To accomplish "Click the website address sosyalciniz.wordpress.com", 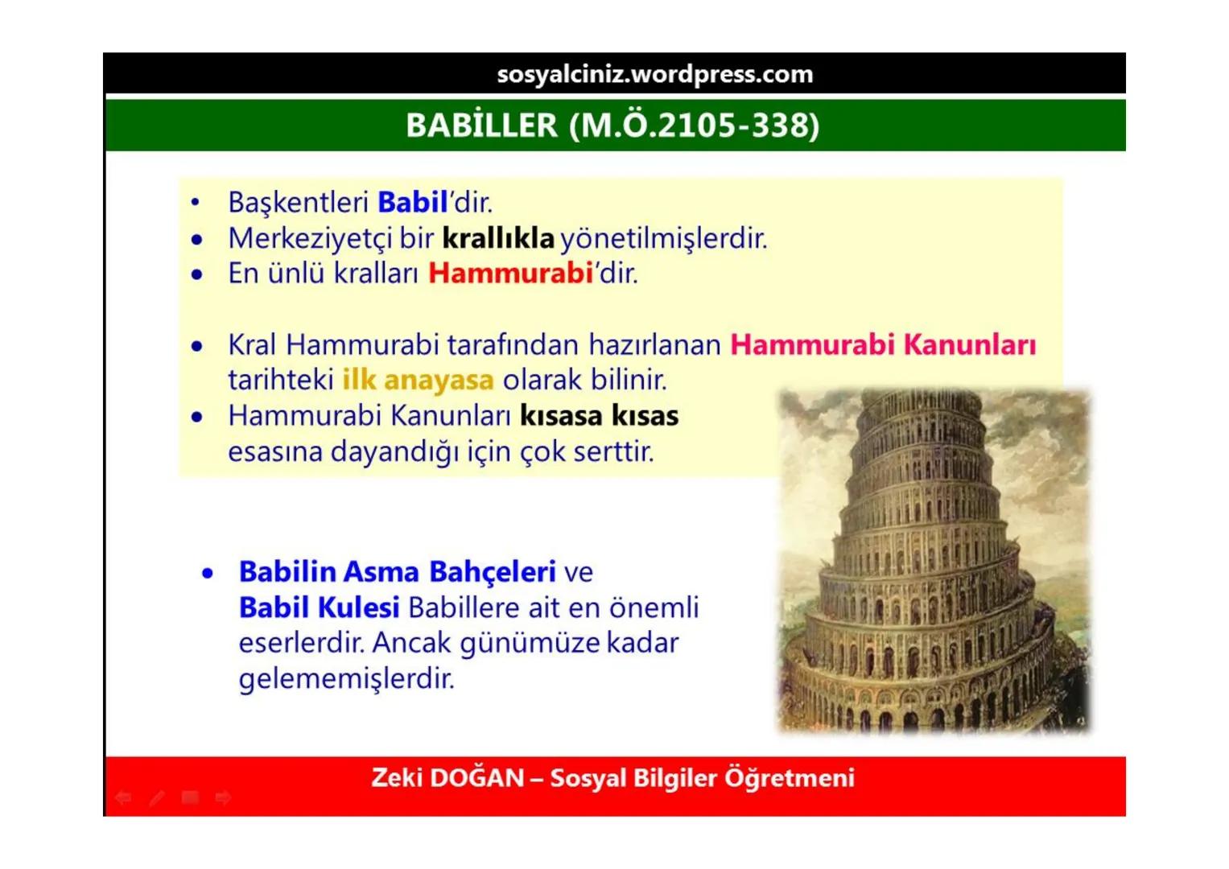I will coord(654,74).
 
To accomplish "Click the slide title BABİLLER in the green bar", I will coord(481,125).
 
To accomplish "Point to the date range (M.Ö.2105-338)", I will coord(694,125).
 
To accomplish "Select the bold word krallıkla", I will coord(498,238).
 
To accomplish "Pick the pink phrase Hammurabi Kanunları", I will coord(883,344).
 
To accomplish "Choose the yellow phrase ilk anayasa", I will coord(418,380).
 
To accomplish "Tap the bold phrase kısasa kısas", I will coord(599,415).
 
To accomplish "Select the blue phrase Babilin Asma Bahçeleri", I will coord(397,571).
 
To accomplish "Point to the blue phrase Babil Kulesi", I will coord(319,607).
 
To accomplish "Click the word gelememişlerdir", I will coord(347,678).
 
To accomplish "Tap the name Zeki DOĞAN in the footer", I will coord(447,778).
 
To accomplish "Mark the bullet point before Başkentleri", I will coord(196,203).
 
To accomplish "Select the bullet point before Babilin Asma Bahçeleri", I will coord(208,573).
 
